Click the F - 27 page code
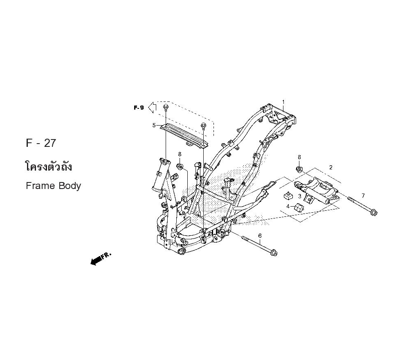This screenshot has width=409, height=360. (x=40, y=143)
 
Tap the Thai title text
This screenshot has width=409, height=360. (x=49, y=166)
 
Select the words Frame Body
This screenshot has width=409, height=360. (x=54, y=186)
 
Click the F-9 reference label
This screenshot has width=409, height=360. (x=139, y=108)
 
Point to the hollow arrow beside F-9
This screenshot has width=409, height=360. (x=152, y=107)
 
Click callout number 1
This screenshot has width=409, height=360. (x=283, y=102)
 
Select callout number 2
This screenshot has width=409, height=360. (x=331, y=167)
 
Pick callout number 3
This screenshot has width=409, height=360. (x=300, y=196)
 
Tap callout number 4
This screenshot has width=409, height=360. (x=288, y=206)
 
